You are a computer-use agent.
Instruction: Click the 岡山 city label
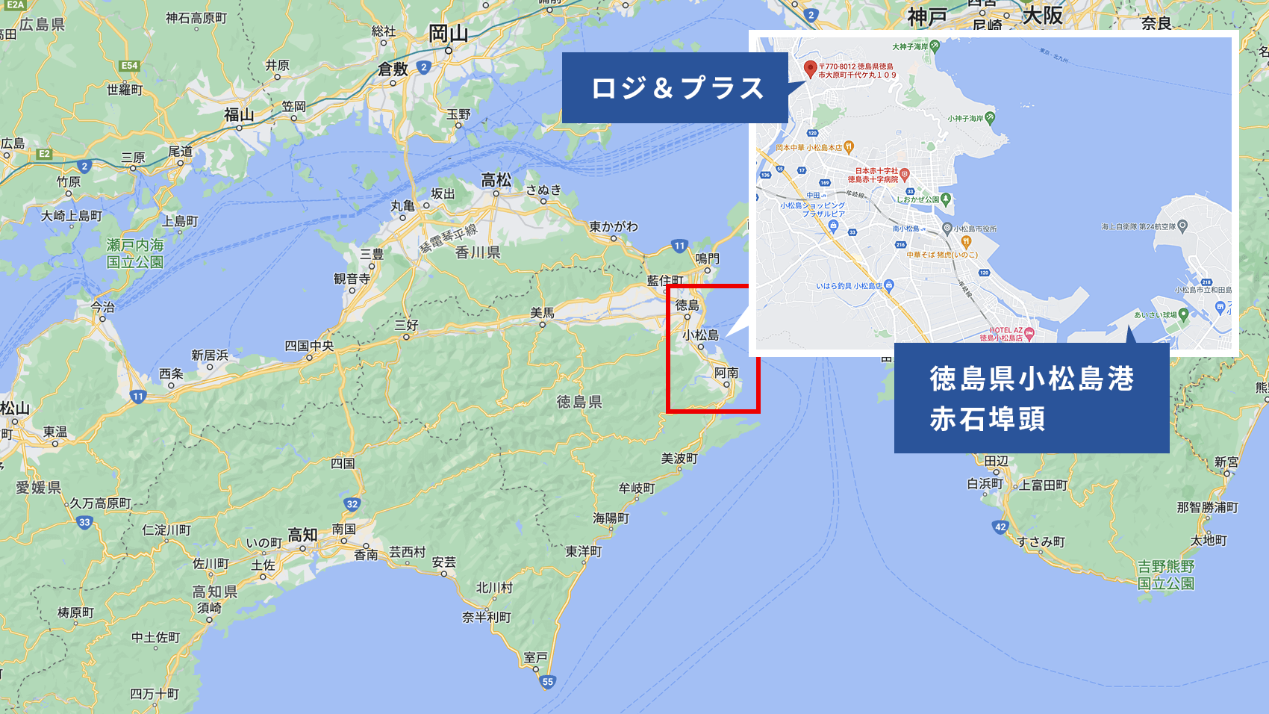tap(448, 34)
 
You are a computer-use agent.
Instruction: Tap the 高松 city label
tap(496, 180)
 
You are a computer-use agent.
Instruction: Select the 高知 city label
tap(302, 535)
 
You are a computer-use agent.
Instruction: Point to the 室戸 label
tap(535, 657)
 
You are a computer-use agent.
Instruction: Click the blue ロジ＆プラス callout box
tap(675, 88)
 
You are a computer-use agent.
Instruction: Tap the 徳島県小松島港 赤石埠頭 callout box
tap(1031, 398)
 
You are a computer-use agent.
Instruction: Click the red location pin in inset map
tap(810, 69)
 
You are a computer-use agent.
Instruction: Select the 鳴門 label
tap(707, 258)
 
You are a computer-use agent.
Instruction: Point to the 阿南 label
tap(726, 372)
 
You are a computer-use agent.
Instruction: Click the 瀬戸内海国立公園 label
tap(135, 253)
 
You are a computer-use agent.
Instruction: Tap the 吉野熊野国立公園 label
tap(1165, 575)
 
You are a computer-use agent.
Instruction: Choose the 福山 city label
tap(239, 114)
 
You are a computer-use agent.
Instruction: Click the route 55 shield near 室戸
tap(548, 681)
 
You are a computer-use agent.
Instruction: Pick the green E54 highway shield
tap(130, 66)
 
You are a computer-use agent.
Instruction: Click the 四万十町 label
tap(155, 694)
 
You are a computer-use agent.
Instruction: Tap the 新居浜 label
tap(210, 355)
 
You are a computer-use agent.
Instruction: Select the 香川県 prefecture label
tap(478, 252)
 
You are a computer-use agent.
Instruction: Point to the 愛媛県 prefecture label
tap(39, 488)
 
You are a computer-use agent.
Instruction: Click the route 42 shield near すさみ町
tap(1000, 527)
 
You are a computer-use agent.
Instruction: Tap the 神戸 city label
tap(927, 16)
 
